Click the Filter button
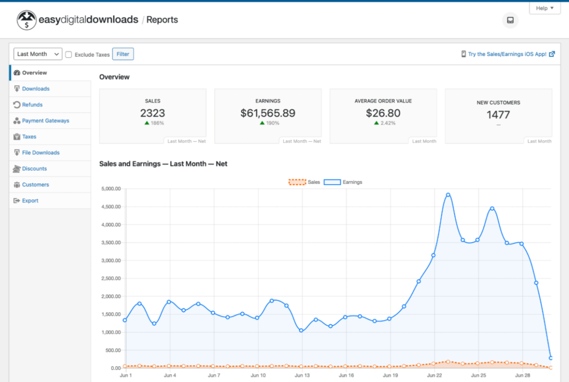coord(123,54)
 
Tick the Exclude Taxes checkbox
coord(69,55)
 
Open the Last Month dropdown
coord(38,54)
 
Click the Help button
coord(544,8)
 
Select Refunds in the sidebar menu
coord(32,105)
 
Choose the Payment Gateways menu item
coord(46,121)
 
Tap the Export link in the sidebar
coord(30,201)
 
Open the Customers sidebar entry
coord(36,185)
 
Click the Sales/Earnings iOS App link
coord(507,54)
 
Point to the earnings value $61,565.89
coord(268,113)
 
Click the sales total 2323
coord(153,113)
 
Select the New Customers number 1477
coord(498,115)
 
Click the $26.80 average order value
coord(383,113)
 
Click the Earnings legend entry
coord(343,182)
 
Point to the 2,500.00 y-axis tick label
coord(111,279)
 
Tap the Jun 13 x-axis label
coord(302,375)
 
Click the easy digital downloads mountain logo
coord(27,20)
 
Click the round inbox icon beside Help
coord(510,20)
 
